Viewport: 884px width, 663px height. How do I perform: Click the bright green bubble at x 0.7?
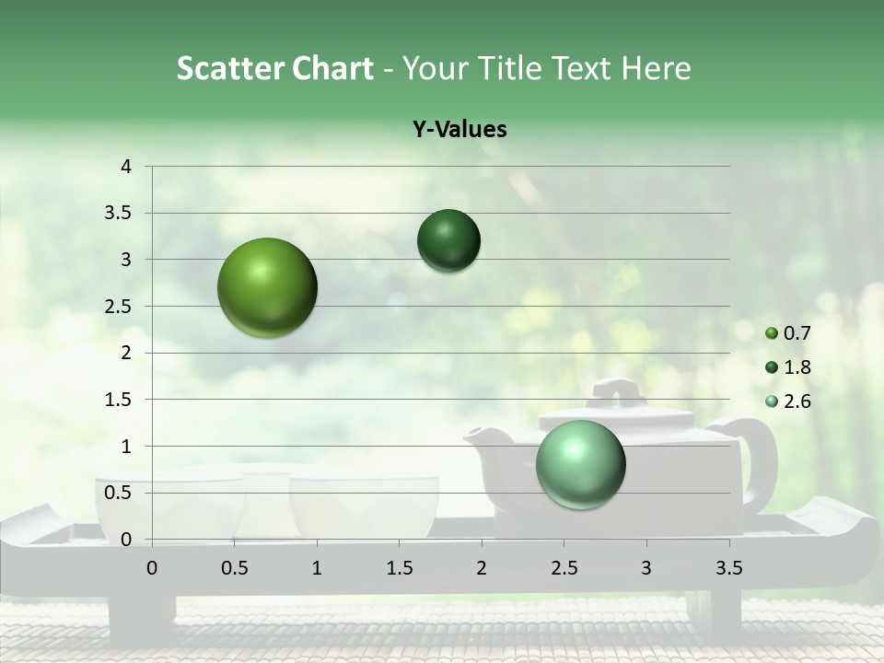coord(267,287)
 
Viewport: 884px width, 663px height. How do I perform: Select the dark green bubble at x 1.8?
coord(448,241)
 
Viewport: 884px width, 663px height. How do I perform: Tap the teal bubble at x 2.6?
coord(580,464)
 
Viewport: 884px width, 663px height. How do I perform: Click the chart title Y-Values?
coord(459,130)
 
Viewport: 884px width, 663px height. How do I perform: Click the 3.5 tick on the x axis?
coord(728,568)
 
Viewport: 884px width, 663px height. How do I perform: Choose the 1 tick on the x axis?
coord(317,568)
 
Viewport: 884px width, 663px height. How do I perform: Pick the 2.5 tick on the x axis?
coord(564,568)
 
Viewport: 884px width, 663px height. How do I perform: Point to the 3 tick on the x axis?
coord(646,568)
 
